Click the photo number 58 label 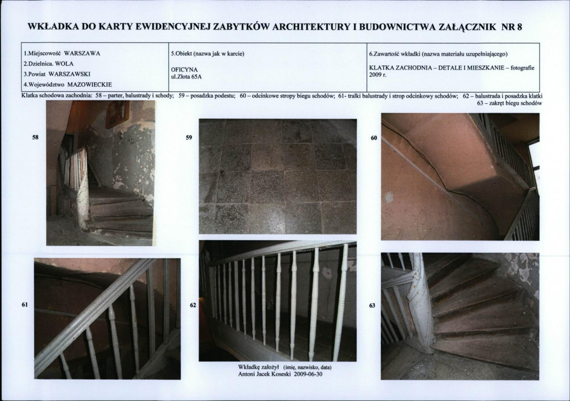[36, 138]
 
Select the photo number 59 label [189, 138]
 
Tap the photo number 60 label [374, 138]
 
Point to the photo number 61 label [25, 304]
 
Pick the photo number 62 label [193, 305]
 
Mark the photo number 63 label [372, 306]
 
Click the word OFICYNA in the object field [184, 70]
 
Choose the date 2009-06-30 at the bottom [308, 374]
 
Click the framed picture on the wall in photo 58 [117, 114]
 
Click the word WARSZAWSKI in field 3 [69, 74]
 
